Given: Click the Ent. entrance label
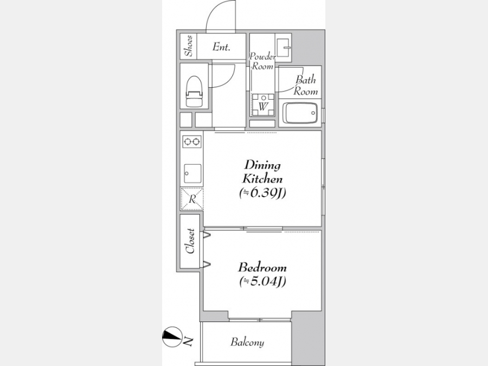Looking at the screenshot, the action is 221,47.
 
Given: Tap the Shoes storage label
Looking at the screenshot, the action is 189,46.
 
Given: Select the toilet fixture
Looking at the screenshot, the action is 194,92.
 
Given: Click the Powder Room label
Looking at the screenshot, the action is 262,61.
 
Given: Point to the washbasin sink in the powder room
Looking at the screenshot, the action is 283,48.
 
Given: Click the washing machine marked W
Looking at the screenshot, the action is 263,105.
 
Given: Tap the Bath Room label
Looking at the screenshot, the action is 306,85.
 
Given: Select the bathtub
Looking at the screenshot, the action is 300,113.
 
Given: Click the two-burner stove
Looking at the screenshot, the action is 192,142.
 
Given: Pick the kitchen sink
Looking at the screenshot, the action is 192,174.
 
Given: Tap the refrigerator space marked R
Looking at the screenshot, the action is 192,198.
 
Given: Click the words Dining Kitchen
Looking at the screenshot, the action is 262,172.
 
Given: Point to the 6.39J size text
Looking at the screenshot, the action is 262,193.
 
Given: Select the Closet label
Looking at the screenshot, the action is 190,241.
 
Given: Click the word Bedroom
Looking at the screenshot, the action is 262,267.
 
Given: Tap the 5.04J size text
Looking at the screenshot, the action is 262,281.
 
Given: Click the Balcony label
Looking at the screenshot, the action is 247,342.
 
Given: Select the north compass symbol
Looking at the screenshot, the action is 172,337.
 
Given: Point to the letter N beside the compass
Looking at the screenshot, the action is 188,342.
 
